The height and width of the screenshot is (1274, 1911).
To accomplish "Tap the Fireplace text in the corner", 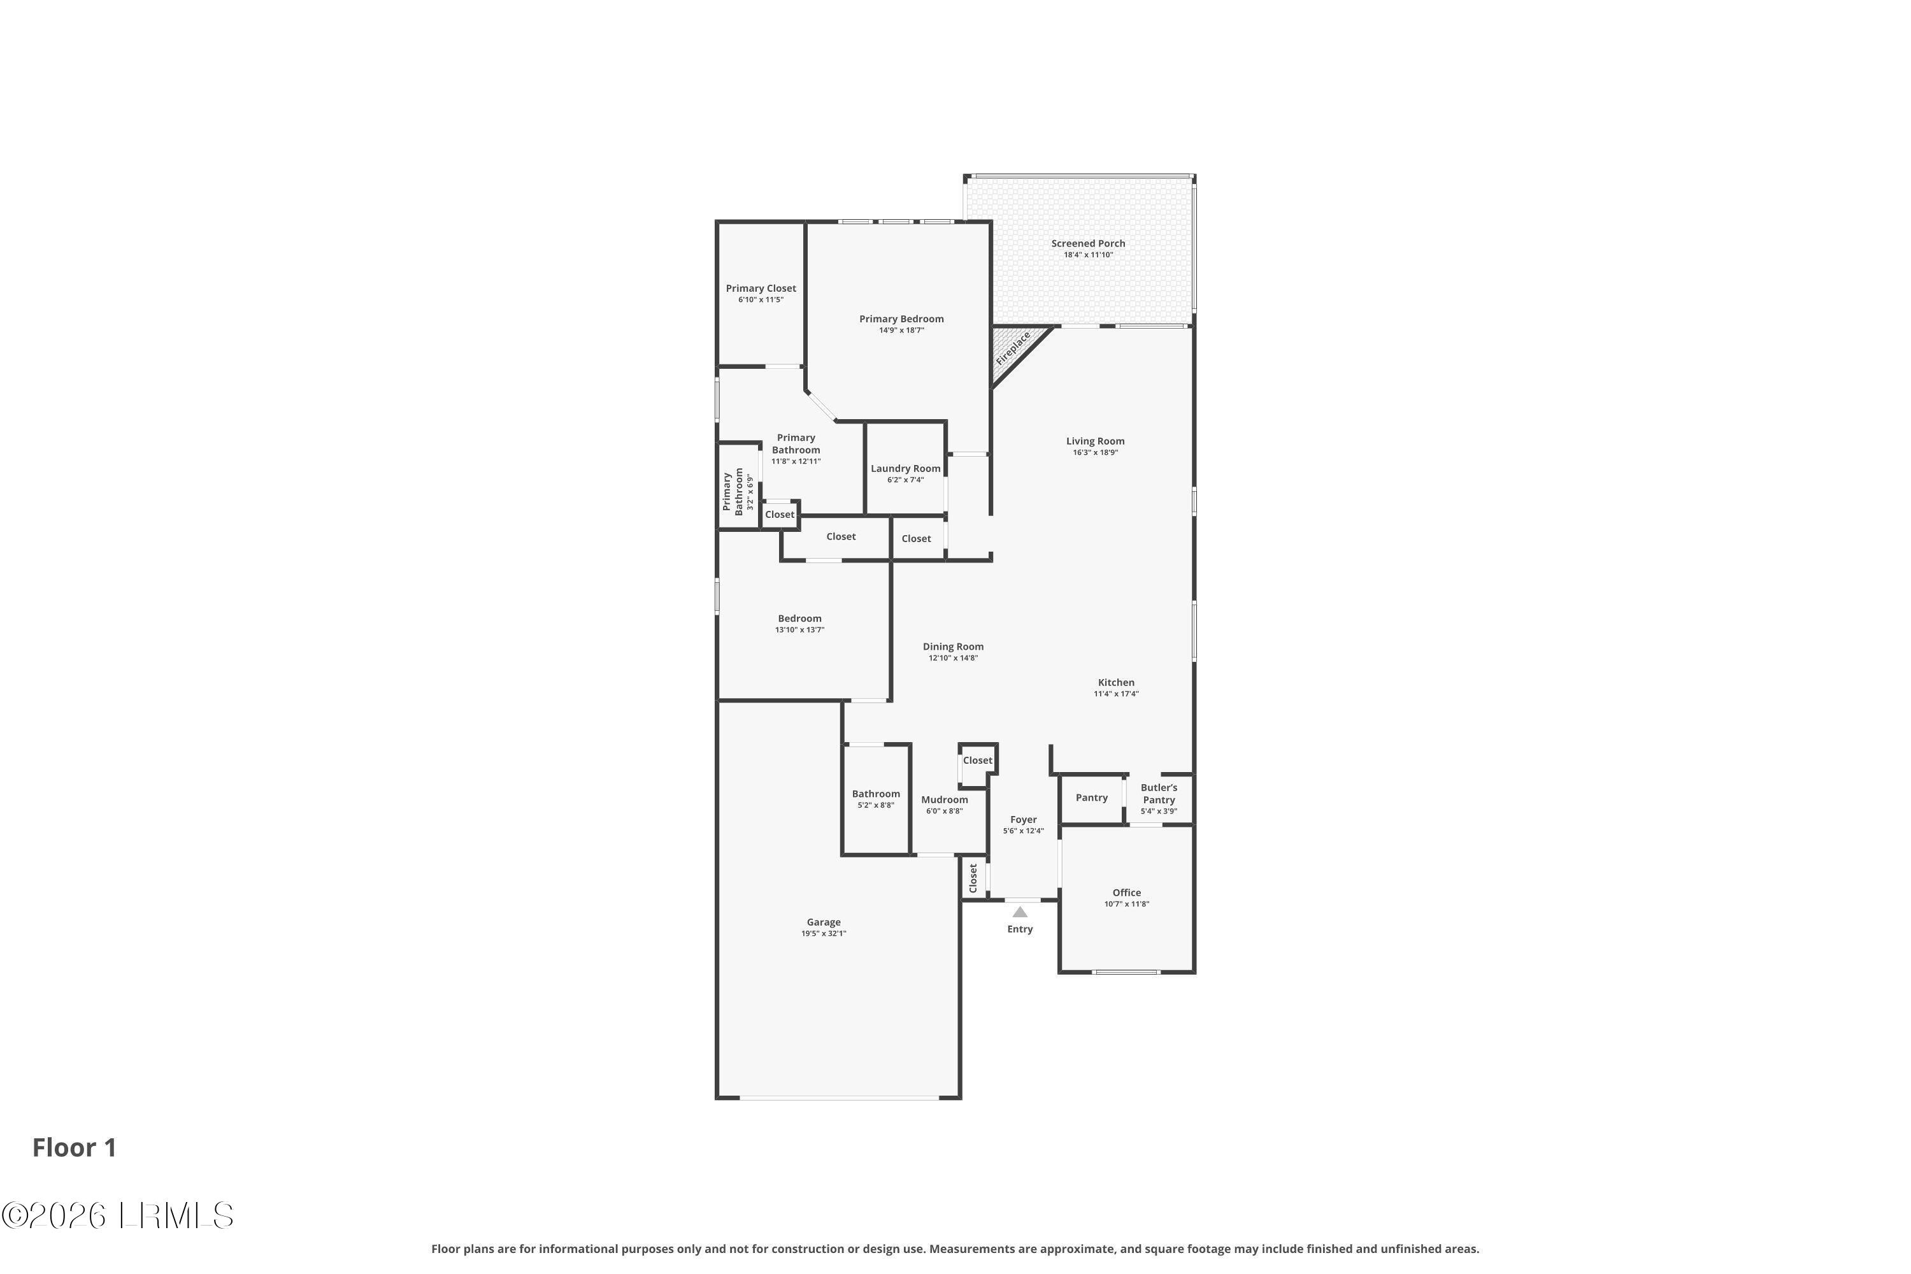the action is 1013,348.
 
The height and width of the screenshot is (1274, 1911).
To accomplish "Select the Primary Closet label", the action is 761,289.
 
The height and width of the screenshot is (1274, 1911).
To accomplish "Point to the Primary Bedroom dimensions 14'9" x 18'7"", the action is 901,331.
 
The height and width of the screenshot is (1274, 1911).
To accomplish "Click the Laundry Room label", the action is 905,469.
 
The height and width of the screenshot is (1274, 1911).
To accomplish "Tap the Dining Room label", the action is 953,647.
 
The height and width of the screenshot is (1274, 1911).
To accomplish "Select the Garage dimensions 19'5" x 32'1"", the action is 823,934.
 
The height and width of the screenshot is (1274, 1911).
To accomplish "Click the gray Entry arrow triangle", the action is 1020,912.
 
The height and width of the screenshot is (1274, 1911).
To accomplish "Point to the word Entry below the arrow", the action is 1020,929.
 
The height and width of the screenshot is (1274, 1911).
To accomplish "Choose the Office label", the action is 1126,892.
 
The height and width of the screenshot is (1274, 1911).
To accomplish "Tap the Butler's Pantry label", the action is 1159,794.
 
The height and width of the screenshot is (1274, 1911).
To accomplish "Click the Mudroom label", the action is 944,799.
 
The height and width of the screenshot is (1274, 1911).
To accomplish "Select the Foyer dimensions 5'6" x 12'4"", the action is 1023,831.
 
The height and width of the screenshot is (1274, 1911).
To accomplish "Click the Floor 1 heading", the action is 75,1147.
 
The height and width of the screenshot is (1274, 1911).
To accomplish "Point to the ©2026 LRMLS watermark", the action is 118,1215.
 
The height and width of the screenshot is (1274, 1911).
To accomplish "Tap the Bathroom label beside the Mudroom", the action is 876,794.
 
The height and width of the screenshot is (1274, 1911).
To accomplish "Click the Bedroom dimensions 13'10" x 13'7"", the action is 799,630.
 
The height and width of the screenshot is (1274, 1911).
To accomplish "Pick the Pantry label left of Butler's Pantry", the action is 1091,798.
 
